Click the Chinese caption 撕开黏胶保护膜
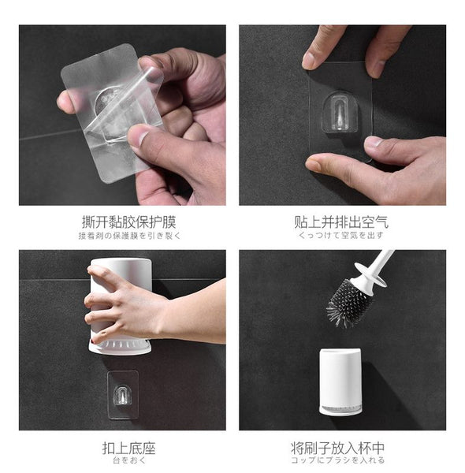tap(128, 222)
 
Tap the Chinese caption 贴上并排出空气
tap(341, 222)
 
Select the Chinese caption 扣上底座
tap(128, 448)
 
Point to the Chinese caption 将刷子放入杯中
tap(338, 448)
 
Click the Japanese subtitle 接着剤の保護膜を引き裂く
tap(129, 236)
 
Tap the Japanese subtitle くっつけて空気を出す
tap(341, 235)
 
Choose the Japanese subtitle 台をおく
tap(129, 460)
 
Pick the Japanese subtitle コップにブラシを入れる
tap(338, 460)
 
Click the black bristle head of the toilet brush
tap(348, 304)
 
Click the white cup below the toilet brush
tap(340, 382)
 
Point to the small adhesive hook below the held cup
tap(123, 395)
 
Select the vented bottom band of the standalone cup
tap(340, 410)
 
